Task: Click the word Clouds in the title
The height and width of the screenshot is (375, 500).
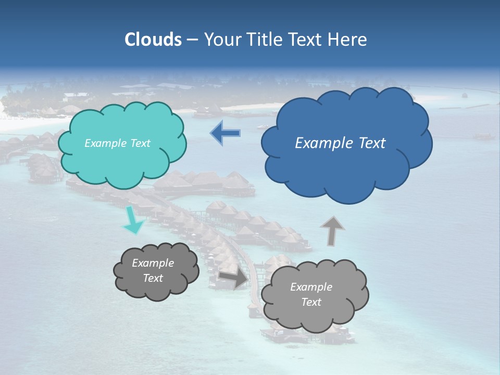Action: click(x=153, y=40)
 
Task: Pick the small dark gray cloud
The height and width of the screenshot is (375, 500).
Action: click(x=156, y=289)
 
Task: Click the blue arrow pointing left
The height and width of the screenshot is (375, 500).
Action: click(x=226, y=133)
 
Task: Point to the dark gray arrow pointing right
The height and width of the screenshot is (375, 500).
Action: click(x=234, y=278)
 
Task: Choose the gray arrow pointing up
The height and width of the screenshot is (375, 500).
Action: click(x=332, y=230)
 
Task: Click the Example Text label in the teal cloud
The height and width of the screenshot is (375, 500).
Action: click(x=117, y=143)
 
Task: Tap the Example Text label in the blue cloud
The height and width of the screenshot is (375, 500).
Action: click(x=340, y=143)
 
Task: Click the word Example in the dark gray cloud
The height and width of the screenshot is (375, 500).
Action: click(x=153, y=263)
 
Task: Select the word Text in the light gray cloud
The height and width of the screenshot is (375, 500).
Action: click(x=311, y=302)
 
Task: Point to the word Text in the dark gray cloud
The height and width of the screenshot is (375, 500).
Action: click(x=153, y=278)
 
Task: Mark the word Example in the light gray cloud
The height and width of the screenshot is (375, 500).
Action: click(x=311, y=287)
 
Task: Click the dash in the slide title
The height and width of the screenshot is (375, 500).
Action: click(x=192, y=40)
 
